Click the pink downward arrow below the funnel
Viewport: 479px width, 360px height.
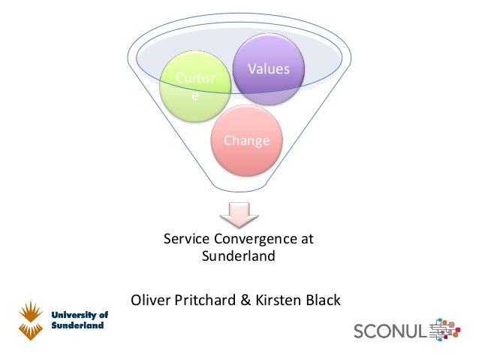239,214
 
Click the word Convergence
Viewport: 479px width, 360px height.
254,240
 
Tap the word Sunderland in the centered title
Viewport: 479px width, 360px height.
239,256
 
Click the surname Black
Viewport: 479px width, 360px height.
323,301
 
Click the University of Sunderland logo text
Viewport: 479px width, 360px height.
79,321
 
